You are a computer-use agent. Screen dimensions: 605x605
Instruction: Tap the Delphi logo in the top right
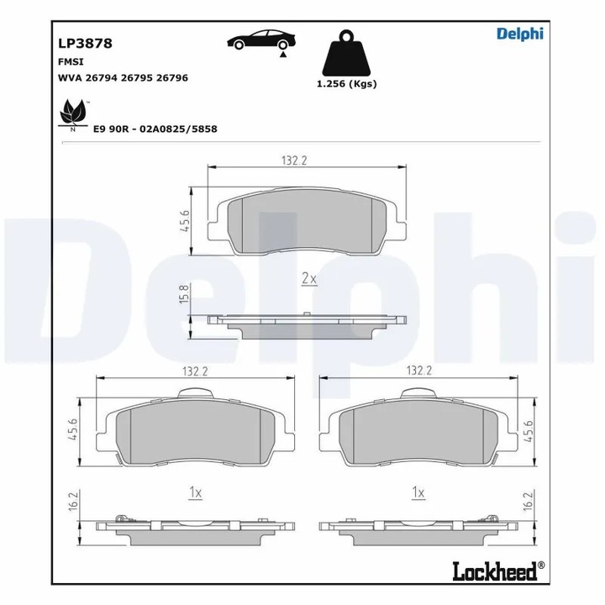click(519, 34)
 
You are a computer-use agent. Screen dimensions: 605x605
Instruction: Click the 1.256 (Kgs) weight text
click(346, 83)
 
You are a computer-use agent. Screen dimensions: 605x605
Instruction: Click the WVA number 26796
click(171, 77)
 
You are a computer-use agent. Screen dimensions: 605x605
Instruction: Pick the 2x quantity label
click(308, 277)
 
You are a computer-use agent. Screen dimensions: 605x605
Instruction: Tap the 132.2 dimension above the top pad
click(292, 160)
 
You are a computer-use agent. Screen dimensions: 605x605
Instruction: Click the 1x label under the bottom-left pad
click(194, 493)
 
